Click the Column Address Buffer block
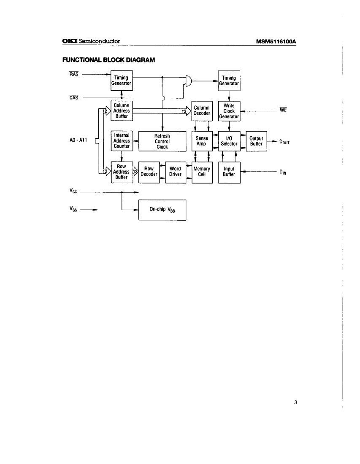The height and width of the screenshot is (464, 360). point(122,111)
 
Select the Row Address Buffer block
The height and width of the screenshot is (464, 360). point(122,172)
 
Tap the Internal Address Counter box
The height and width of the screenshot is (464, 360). point(122,141)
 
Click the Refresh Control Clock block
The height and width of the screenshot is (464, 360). point(162,141)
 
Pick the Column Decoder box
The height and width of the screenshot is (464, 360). point(202,111)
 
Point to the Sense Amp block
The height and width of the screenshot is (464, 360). point(202,141)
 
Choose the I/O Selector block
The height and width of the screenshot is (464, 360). point(229,141)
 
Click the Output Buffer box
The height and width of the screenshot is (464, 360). point(256,141)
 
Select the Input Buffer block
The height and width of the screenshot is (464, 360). point(229,172)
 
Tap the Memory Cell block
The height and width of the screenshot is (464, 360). point(202,172)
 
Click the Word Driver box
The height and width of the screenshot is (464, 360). point(175,172)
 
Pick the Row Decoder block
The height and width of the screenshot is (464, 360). point(149,172)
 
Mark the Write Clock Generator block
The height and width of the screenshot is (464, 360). point(229,111)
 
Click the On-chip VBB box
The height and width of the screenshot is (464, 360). point(162,210)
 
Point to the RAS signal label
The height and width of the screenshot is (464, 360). point(73,75)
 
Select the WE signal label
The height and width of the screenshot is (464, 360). point(284,111)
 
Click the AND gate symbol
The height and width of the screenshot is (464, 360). point(188,80)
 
